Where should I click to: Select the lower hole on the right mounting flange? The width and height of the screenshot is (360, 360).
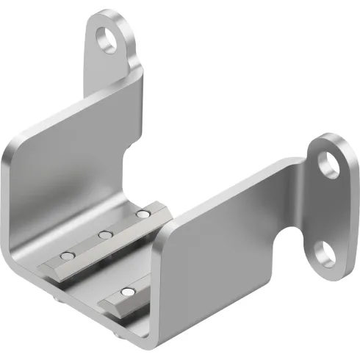pyautogui.click(x=324, y=256)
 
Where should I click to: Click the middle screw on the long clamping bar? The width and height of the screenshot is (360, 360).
pyautogui.click(x=106, y=235)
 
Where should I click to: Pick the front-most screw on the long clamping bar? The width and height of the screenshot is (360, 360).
pyautogui.click(x=68, y=256)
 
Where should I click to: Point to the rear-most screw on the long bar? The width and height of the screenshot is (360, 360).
pyautogui.click(x=143, y=215)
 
